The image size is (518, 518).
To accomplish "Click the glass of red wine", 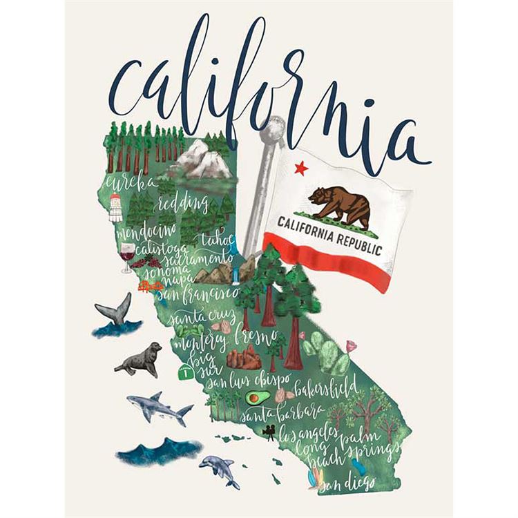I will point(127,256).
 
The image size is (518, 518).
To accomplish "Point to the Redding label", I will point(182,203).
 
